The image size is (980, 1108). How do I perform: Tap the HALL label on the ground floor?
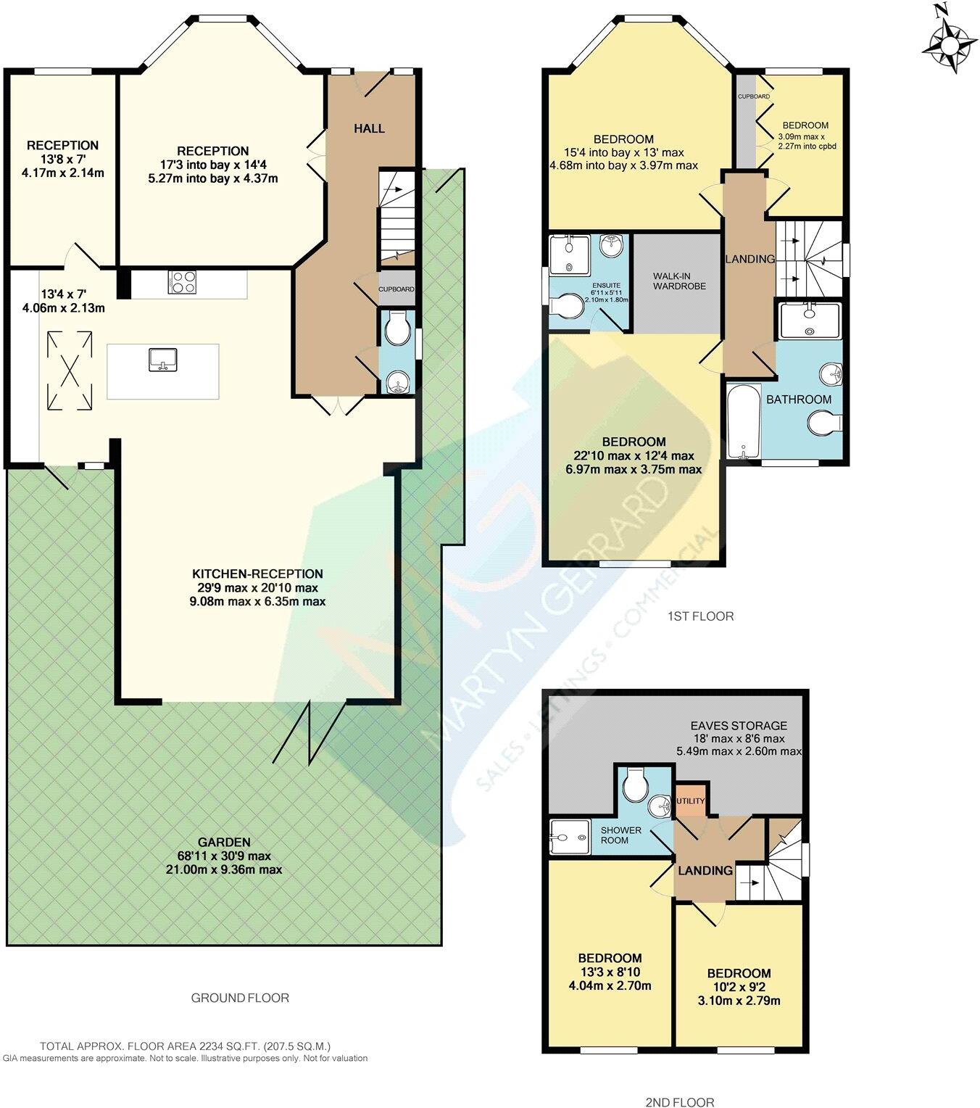[x=369, y=128]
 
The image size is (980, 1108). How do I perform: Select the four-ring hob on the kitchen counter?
[x=182, y=282]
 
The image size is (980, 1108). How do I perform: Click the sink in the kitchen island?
[x=162, y=359]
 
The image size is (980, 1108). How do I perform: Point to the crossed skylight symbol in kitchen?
[x=70, y=370]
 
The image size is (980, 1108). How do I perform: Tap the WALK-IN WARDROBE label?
[x=678, y=281]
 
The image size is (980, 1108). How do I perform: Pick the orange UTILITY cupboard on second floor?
[x=690, y=801]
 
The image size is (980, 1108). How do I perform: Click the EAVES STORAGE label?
[x=738, y=725]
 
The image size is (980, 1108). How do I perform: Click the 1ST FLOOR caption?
[x=700, y=616]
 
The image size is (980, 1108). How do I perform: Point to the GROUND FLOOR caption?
[x=240, y=998]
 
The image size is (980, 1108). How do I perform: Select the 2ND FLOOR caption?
[x=680, y=1102]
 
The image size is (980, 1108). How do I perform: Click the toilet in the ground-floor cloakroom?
[x=398, y=331]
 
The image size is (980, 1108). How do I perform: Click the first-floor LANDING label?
[x=750, y=259]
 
